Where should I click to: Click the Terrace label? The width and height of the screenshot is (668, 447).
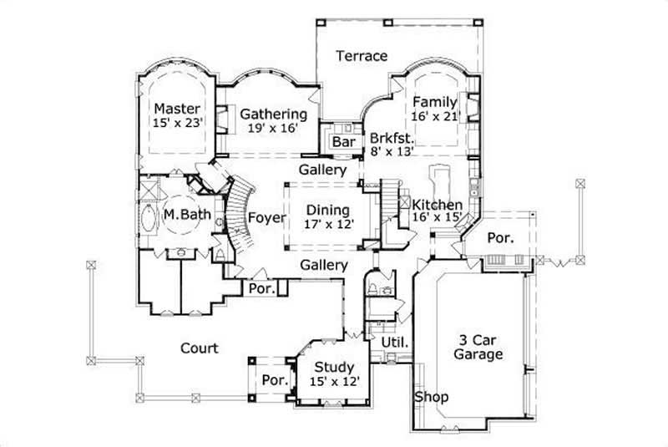(362, 57)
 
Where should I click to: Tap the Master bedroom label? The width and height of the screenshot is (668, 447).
(177, 109)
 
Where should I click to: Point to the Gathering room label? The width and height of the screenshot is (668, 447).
(273, 114)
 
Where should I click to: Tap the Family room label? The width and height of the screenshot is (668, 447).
(434, 102)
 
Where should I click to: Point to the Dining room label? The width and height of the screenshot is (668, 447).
(327, 210)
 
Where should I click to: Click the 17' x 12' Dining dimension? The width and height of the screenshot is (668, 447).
(327, 224)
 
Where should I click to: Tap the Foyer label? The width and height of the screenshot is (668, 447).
(267, 218)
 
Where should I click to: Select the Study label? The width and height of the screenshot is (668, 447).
(334, 367)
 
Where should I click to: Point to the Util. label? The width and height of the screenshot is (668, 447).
(394, 343)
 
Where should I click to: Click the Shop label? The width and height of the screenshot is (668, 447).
(433, 396)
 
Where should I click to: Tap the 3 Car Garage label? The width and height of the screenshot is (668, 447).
(479, 347)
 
